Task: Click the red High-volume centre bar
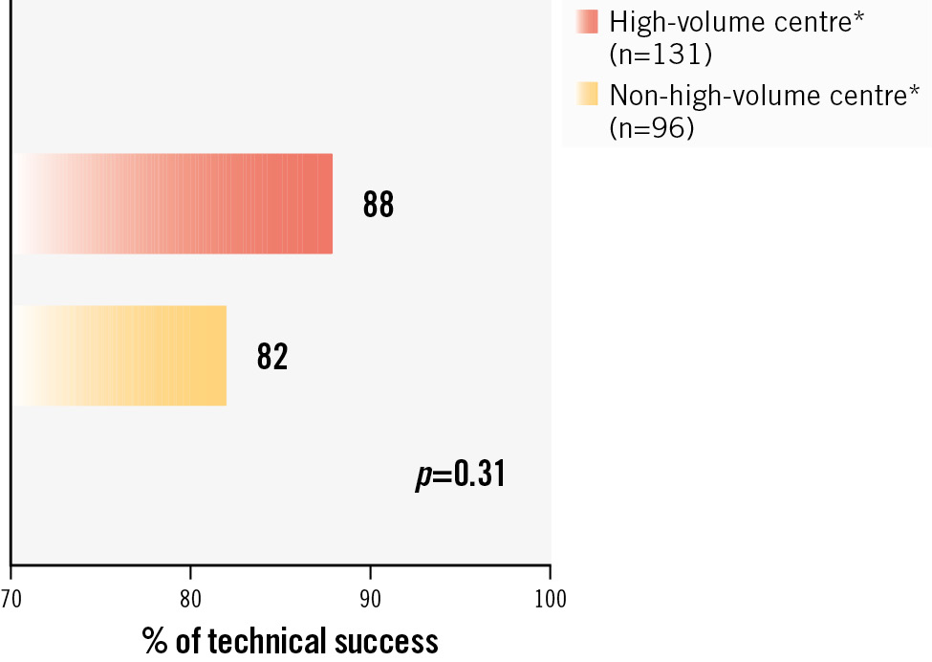[x=172, y=204]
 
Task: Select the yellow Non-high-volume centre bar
[x=119, y=356]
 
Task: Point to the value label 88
[x=378, y=205]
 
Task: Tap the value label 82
[x=272, y=357]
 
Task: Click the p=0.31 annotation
[x=460, y=474]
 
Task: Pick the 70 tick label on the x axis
[x=11, y=600]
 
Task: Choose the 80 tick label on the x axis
[x=190, y=600]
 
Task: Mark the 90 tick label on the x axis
[x=370, y=600]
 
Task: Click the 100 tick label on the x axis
[x=550, y=600]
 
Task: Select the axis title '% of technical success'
[x=291, y=639]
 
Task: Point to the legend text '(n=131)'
[x=661, y=55]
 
